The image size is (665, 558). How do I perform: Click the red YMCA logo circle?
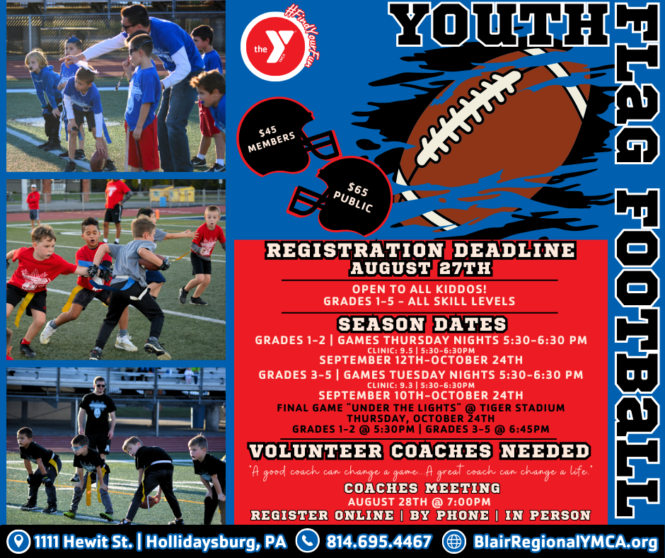pyautogui.click(x=268, y=41)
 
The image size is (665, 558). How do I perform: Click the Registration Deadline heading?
pyautogui.click(x=420, y=251)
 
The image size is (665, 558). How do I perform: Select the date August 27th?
pyautogui.click(x=420, y=268)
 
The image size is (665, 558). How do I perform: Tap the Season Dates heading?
pyautogui.click(x=421, y=324)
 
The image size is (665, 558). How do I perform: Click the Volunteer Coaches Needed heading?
pyautogui.click(x=420, y=451)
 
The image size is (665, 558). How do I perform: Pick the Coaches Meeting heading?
pyautogui.click(x=422, y=489)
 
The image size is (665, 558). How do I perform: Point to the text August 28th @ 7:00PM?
pyautogui.click(x=422, y=502)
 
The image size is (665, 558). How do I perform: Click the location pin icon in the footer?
pyautogui.click(x=17, y=542)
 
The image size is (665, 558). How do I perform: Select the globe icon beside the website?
pyautogui.click(x=453, y=542)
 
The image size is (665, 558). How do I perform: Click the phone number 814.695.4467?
pyautogui.click(x=378, y=542)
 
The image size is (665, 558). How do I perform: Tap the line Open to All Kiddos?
pyautogui.click(x=420, y=289)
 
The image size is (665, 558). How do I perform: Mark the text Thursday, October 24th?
pyautogui.click(x=420, y=418)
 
